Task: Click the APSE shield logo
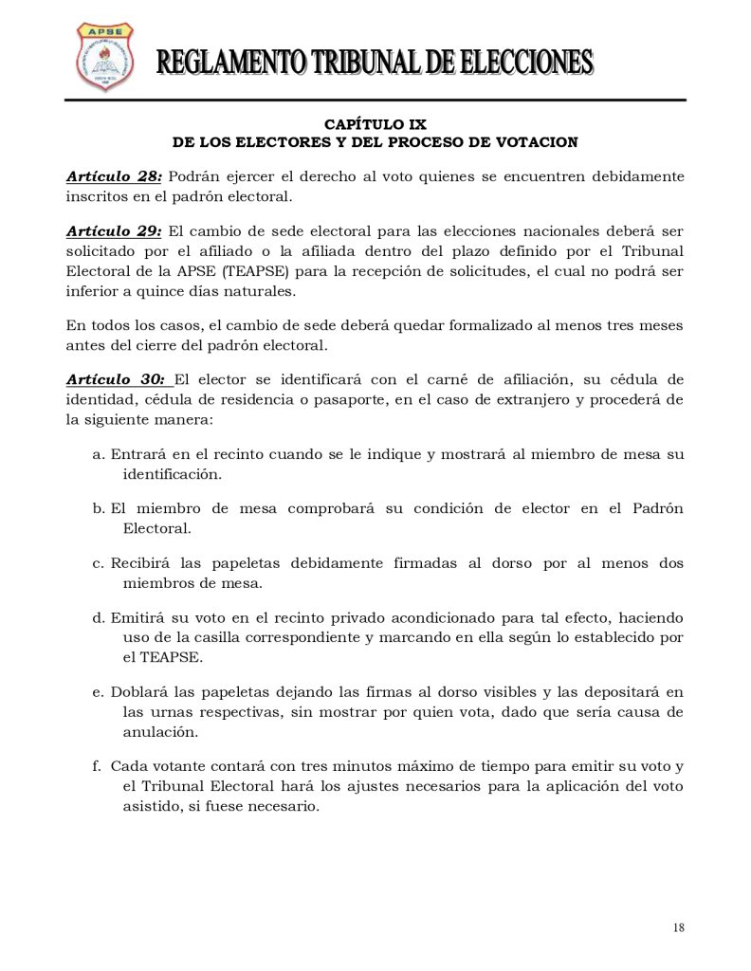click(x=103, y=58)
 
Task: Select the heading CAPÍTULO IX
click(x=375, y=124)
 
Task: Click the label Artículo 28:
click(x=114, y=177)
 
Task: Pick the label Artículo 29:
click(x=114, y=231)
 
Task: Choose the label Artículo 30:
click(x=118, y=379)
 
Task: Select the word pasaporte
click(x=327, y=399)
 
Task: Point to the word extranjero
click(x=527, y=399)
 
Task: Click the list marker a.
click(x=98, y=454)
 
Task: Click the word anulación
click(x=156, y=732)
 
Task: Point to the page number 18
click(x=679, y=926)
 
